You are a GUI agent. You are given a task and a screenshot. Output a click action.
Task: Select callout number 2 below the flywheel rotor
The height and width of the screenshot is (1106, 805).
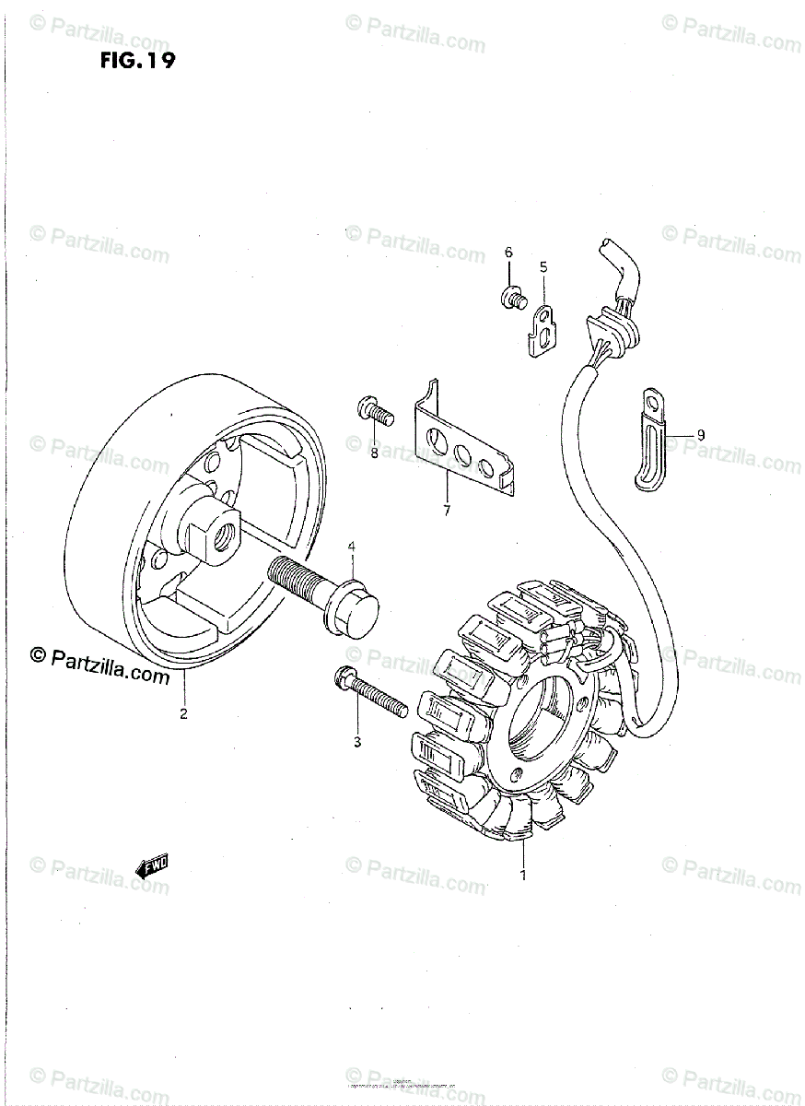coord(183,713)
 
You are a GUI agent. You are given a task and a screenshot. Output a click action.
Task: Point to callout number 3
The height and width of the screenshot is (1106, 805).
coord(357,742)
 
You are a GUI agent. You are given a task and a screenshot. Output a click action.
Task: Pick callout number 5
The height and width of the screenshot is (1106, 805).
coord(543,267)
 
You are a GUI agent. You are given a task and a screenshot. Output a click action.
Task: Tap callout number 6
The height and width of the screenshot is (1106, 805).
coord(507,253)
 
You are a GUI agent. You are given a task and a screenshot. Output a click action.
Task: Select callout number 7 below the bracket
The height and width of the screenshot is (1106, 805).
coord(447,510)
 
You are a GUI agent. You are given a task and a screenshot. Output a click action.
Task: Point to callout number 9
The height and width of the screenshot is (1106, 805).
coord(700,434)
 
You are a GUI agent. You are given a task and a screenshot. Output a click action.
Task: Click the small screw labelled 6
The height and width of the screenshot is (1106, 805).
coord(511,297)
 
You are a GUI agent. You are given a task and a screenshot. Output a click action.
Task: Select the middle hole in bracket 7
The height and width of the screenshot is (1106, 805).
coord(460,452)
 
